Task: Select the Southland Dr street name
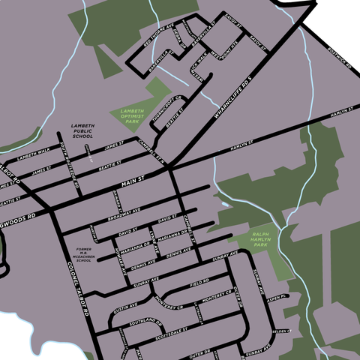point(145,322)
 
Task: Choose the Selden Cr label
point(280,330)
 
